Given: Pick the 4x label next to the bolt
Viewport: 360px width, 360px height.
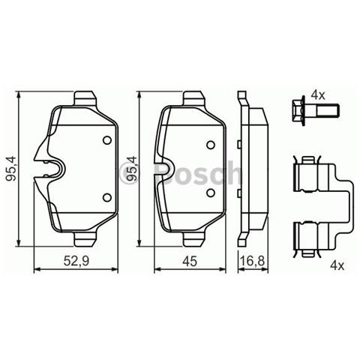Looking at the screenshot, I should coord(317,95).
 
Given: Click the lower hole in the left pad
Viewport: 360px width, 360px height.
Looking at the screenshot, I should coord(106,198).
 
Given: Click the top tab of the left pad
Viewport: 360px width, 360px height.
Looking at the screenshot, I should coord(87,97).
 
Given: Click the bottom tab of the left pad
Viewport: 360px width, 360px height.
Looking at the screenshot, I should coord(87,241).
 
